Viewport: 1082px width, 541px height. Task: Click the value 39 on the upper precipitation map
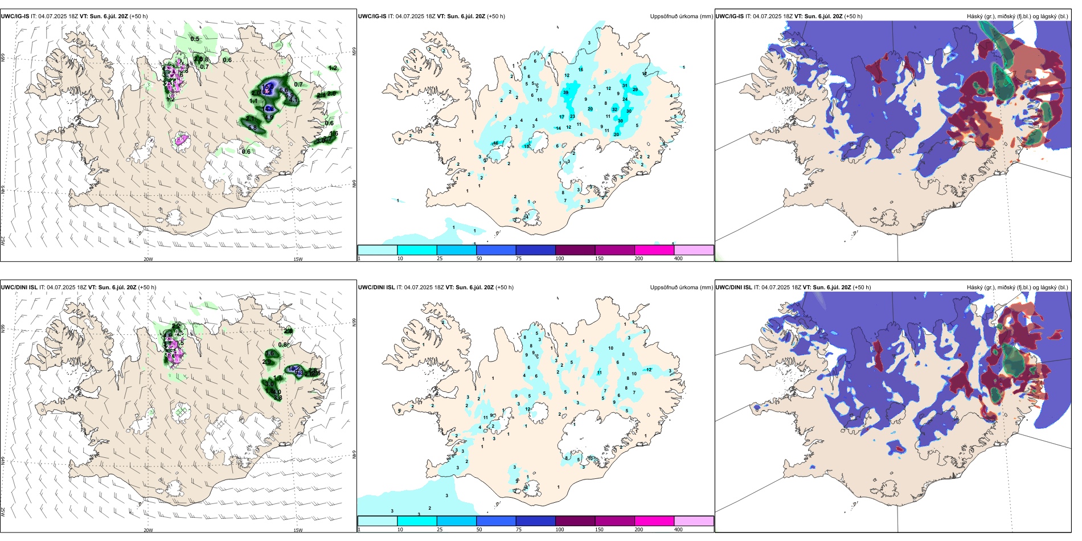565,92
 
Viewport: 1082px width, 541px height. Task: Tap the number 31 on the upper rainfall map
625,86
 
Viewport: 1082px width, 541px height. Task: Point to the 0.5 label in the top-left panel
195,39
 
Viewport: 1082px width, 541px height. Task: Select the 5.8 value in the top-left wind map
252,128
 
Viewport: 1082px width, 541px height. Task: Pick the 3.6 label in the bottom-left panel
270,353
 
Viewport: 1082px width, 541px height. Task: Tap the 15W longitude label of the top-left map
297,259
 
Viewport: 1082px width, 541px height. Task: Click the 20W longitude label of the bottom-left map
148,530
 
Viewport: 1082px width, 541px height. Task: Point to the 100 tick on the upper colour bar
560,259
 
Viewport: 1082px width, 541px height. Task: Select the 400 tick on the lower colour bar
678,530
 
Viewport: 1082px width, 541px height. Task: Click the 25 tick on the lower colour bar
439,530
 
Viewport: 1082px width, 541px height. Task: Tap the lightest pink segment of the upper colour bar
694,250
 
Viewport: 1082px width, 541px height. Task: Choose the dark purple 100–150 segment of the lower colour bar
575,521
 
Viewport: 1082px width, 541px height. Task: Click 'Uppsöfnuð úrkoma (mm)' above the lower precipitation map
681,287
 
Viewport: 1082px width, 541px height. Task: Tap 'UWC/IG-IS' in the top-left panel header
15,16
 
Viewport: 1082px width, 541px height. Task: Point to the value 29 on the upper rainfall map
635,89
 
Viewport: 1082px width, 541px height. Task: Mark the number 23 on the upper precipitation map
572,116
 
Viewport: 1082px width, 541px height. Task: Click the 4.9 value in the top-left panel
269,117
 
